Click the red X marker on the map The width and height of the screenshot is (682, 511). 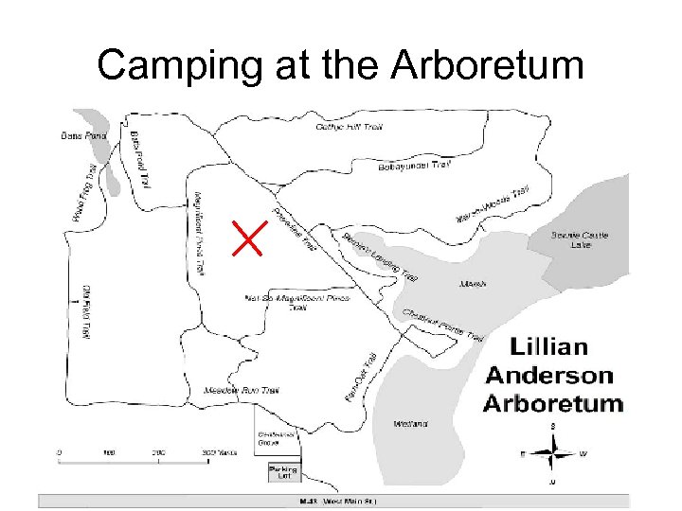(x=248, y=237)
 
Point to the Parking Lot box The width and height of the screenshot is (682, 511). (x=282, y=471)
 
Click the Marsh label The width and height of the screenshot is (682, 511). (x=471, y=283)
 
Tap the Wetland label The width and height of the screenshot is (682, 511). (x=413, y=423)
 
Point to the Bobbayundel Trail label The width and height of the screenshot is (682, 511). (x=413, y=166)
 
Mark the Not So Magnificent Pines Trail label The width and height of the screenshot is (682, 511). (x=296, y=302)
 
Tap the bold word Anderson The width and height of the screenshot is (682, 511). (x=548, y=375)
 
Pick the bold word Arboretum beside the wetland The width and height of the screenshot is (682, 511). (x=553, y=403)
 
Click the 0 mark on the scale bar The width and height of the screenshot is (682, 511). (x=60, y=451)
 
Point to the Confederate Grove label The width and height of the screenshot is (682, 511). (x=276, y=437)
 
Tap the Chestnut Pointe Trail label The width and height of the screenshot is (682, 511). (x=442, y=325)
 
